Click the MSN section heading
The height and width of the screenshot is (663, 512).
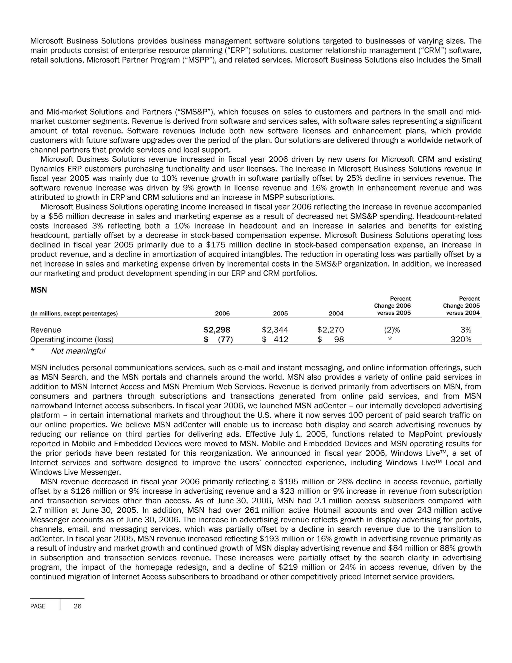click(38, 290)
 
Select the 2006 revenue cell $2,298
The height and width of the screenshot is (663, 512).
click(217, 330)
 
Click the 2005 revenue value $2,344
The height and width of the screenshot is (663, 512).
click(275, 330)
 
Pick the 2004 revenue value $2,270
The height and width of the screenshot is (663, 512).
click(330, 330)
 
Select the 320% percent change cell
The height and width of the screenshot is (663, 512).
click(461, 340)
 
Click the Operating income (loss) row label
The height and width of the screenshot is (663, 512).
click(72, 340)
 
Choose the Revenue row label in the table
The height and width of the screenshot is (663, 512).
click(45, 330)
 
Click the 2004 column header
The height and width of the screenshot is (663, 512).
click(336, 313)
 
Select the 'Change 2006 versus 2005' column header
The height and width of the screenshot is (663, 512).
click(392, 306)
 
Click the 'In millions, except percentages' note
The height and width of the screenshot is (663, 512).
click(74, 313)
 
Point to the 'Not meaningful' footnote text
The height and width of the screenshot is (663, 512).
click(78, 351)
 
